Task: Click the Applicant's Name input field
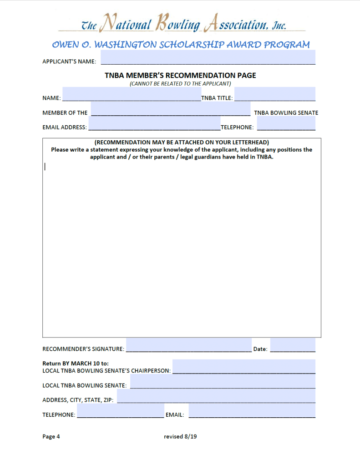(208, 57)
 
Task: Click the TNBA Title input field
(274, 94)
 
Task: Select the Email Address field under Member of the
(154, 123)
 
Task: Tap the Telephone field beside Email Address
(286, 123)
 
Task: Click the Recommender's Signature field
(188, 345)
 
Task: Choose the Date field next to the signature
(292, 345)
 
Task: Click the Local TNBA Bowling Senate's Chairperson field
(243, 367)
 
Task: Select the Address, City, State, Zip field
(216, 396)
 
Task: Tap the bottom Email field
(252, 411)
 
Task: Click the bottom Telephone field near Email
(120, 411)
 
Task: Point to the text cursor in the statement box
(45, 167)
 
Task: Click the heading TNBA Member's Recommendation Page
(180, 75)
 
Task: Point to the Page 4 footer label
(51, 436)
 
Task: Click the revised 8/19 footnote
(180, 436)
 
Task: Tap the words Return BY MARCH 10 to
(76, 364)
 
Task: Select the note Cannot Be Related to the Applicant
(180, 84)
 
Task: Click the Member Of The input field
(170, 109)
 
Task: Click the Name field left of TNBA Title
(131, 94)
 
